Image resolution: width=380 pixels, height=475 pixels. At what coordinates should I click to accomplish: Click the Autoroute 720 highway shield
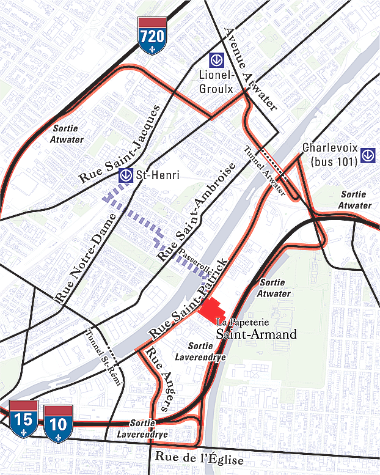click(x=152, y=36)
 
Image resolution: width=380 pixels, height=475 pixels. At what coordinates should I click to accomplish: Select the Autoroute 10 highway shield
click(x=58, y=422)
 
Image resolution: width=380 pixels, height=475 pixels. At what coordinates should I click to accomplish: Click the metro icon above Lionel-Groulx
click(x=216, y=60)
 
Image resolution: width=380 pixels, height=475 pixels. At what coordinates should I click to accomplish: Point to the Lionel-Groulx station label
click(x=216, y=81)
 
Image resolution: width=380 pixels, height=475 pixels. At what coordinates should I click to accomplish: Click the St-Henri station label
click(x=158, y=175)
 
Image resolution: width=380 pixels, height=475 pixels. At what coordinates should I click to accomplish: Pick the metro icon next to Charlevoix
click(x=368, y=155)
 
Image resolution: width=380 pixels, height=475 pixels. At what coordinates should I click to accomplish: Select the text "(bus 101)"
click(x=335, y=162)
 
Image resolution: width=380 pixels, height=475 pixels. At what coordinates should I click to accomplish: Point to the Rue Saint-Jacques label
click(x=120, y=145)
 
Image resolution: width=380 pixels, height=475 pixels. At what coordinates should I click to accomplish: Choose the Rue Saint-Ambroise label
click(x=196, y=212)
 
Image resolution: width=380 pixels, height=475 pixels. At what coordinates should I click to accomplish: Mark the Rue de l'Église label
click(x=199, y=459)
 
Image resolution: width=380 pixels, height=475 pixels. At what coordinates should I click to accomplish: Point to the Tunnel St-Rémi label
click(x=104, y=357)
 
